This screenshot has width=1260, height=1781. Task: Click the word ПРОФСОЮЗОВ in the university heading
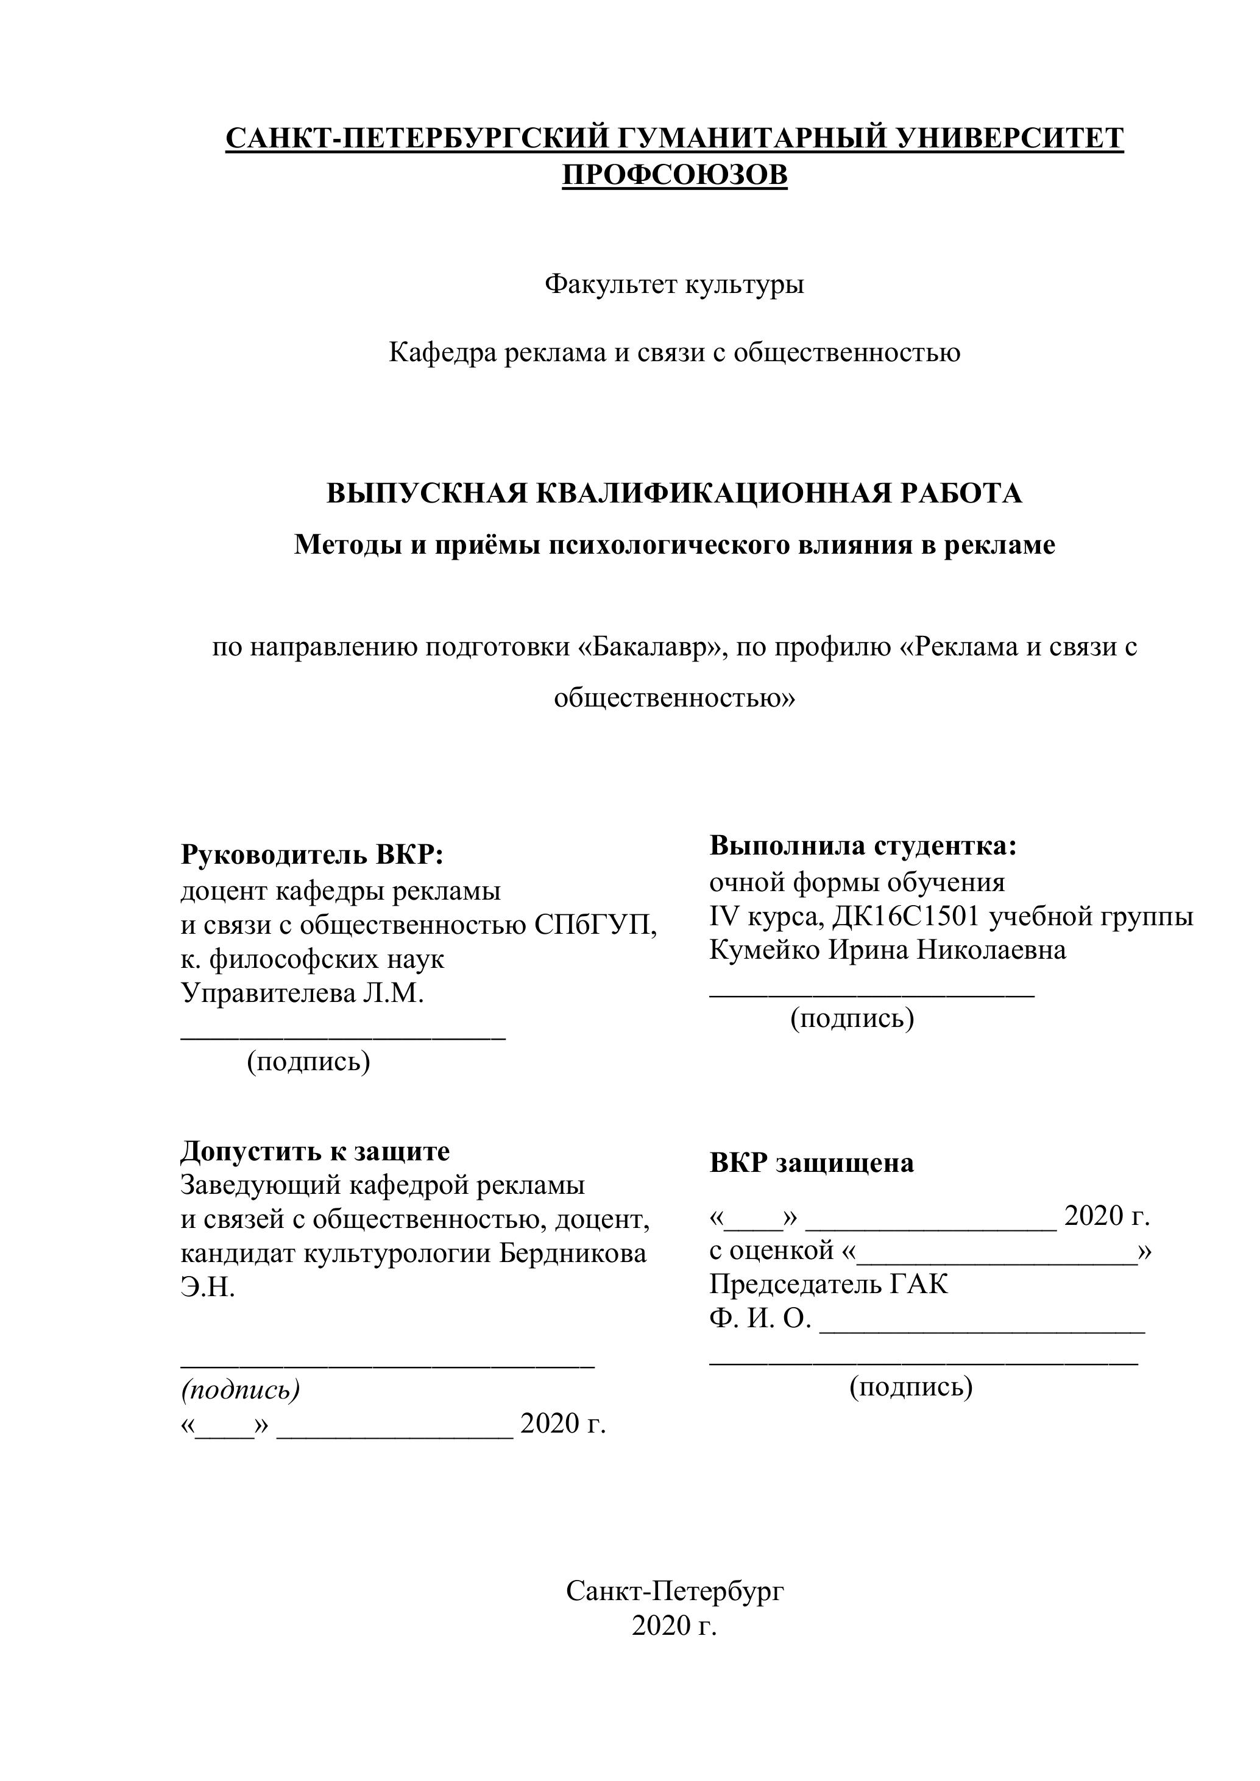(674, 175)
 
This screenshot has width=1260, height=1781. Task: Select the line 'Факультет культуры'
(674, 284)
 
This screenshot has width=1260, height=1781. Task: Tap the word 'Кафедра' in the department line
(442, 353)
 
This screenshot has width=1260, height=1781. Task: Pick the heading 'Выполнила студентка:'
(863, 845)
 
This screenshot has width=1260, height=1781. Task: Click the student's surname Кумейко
(764, 950)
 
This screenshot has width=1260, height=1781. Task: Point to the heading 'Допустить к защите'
(315, 1151)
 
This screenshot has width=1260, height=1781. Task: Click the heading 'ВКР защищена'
(812, 1163)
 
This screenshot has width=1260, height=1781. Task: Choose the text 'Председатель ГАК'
(829, 1285)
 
